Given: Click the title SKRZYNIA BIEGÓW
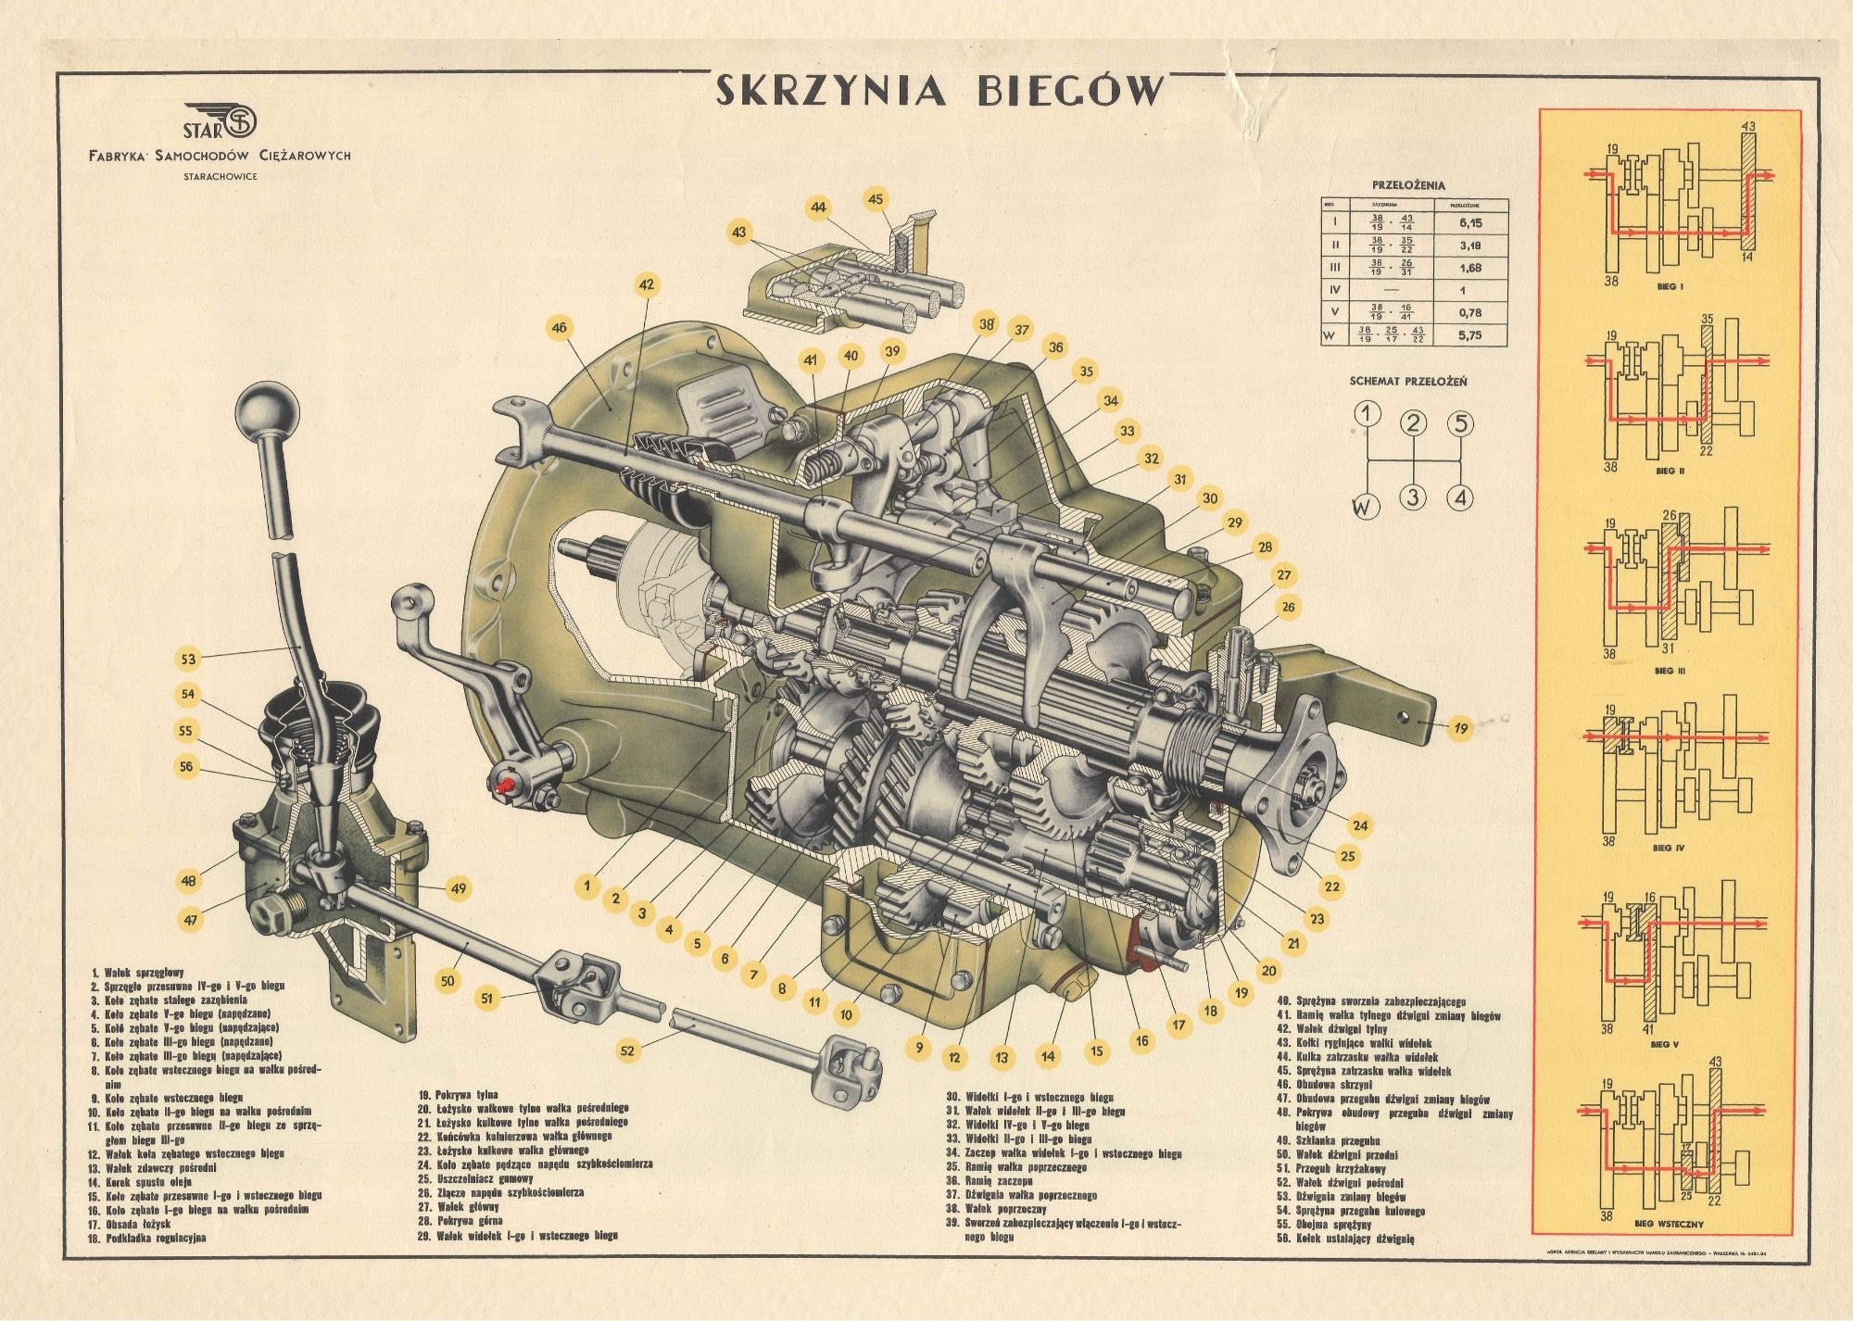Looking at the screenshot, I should tap(938, 91).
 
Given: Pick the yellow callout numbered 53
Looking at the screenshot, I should tap(189, 659).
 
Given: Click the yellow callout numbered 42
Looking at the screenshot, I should tap(646, 285).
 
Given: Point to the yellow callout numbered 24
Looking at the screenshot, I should tap(1360, 824).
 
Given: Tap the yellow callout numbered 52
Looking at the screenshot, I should tap(629, 1051).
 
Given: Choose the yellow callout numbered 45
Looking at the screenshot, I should tap(876, 198).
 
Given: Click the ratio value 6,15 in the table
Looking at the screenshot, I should tap(1469, 223).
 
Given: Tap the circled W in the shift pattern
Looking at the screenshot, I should tap(1363, 507).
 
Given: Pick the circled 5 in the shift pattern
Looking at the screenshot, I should tap(1459, 424).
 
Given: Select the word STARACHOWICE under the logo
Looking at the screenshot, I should tap(221, 173).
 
